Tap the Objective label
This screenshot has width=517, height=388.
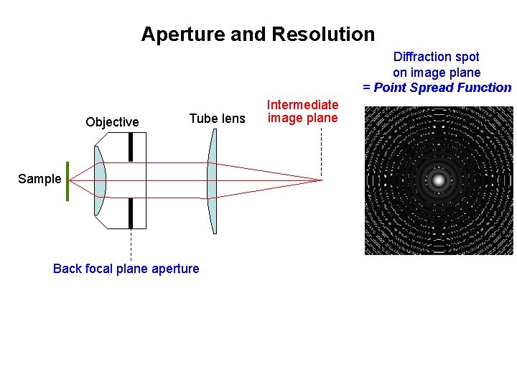pyautogui.click(x=112, y=122)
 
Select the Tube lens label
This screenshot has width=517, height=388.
pyautogui.click(x=217, y=119)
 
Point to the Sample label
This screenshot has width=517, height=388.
pyautogui.click(x=39, y=179)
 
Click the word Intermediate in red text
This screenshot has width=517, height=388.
pyautogui.click(x=302, y=105)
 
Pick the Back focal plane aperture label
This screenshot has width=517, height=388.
pyautogui.click(x=126, y=269)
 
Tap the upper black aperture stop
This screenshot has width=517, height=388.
pyautogui.click(x=131, y=147)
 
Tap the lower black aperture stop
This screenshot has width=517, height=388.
pyautogui.click(x=131, y=213)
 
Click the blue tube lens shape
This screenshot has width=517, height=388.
pyautogui.click(x=212, y=180)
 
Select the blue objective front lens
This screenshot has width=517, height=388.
pyautogui.click(x=99, y=180)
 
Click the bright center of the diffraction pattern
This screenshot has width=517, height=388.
pyautogui.click(x=439, y=180)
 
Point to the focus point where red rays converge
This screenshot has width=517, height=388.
pyautogui.click(x=320, y=180)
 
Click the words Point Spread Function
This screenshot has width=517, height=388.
pyautogui.click(x=442, y=88)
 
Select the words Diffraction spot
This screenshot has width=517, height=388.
pyautogui.click(x=436, y=56)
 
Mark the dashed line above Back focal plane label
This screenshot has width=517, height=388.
pyautogui.click(x=131, y=245)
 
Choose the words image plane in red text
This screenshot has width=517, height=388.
pyautogui.click(x=302, y=119)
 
